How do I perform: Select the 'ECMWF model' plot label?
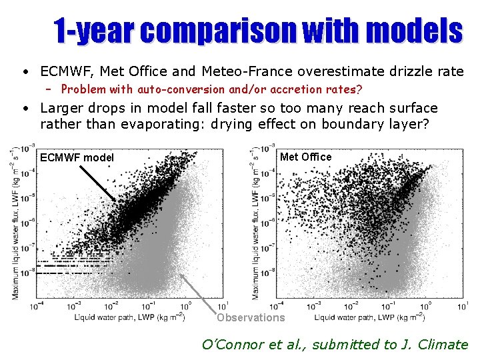tap(77, 158)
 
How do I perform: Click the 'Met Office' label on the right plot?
tap(306, 157)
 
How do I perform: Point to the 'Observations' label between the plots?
tap(250, 317)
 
